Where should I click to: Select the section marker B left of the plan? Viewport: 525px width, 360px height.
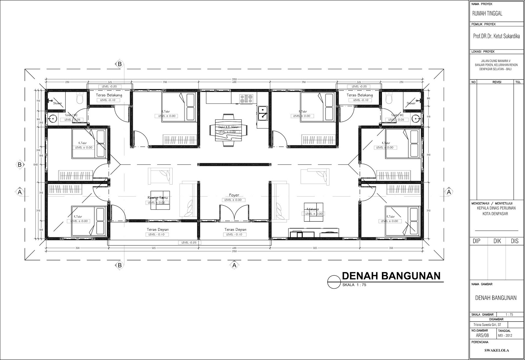tap(20, 165)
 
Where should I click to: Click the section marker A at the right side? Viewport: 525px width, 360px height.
tap(449, 192)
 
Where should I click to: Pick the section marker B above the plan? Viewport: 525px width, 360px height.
tap(120, 64)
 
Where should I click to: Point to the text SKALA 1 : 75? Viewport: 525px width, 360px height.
tap(354, 285)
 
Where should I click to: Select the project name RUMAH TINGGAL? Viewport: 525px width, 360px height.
tap(487, 14)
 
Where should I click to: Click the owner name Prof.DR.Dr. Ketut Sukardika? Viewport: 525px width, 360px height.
tap(496, 37)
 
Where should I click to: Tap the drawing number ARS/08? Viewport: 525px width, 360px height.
tap(482, 335)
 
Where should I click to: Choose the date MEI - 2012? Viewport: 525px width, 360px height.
tap(505, 335)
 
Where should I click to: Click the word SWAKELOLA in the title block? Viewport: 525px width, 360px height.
tap(496, 350)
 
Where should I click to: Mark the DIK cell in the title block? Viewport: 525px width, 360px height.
tap(497, 241)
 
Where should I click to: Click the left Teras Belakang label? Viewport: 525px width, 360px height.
tap(109, 95)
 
